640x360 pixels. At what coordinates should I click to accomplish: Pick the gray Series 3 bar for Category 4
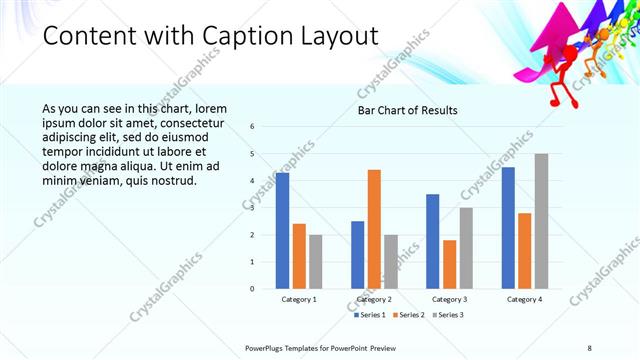pos(541,221)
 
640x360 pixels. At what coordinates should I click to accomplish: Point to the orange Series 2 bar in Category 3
pos(449,264)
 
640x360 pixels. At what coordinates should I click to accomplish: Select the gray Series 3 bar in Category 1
pos(316,261)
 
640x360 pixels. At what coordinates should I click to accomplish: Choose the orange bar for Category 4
pos(525,250)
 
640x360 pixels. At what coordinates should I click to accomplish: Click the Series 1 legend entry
pos(372,315)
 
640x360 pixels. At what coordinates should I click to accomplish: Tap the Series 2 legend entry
pos(409,315)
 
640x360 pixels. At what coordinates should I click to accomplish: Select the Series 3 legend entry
pos(447,315)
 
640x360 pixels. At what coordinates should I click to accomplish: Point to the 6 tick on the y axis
pos(253,127)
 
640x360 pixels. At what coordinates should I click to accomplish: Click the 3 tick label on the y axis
pos(253,208)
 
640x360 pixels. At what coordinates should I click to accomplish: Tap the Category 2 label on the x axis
pos(374,299)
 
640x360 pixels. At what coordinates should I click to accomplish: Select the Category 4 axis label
pos(525,299)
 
